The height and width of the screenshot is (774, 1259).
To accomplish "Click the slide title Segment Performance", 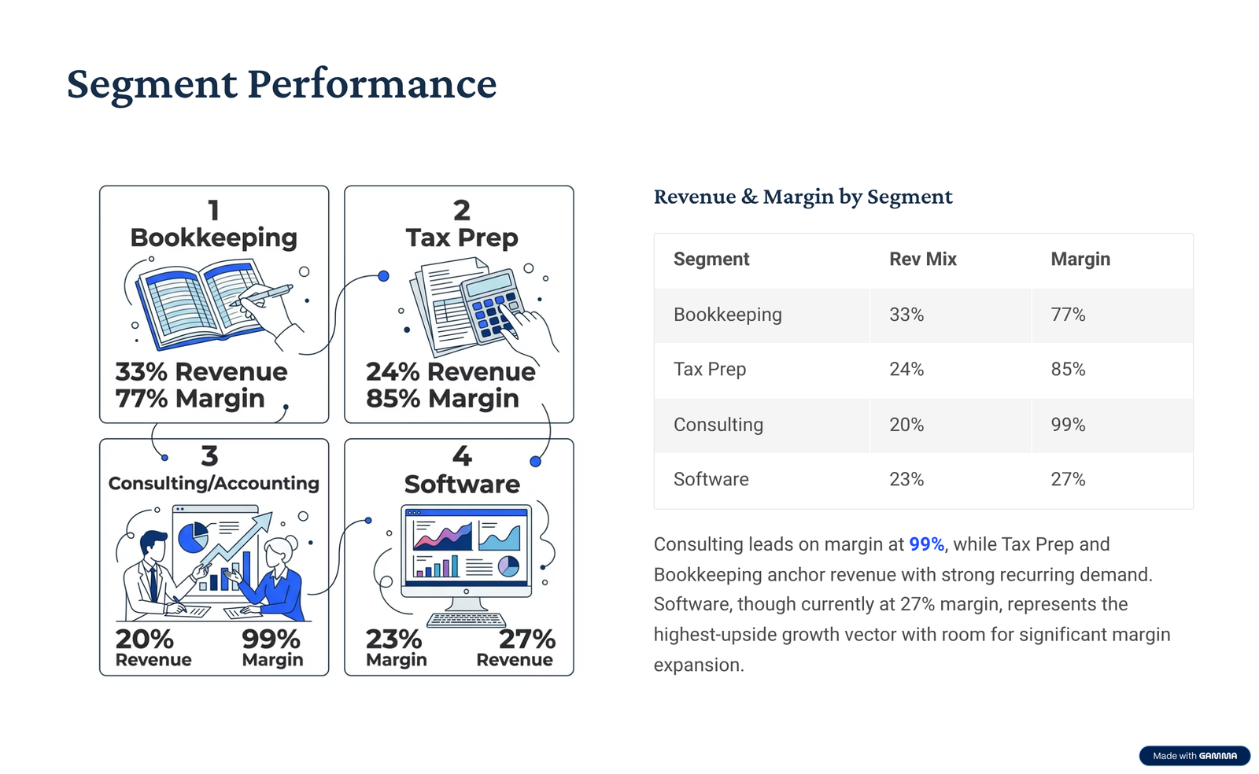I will click(281, 83).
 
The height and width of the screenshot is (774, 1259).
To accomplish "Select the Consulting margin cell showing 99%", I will click(1068, 425).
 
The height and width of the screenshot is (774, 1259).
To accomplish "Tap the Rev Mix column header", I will click(922, 260).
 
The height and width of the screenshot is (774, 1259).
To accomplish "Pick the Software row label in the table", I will click(711, 479).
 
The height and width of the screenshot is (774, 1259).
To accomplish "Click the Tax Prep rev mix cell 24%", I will click(906, 370).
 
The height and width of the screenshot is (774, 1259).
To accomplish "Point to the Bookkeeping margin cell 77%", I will click(1068, 315).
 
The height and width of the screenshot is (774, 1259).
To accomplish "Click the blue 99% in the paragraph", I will click(926, 544).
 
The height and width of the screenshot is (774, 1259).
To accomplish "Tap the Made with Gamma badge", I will click(1194, 756).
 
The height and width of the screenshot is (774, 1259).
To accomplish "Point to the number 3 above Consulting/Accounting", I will click(209, 456).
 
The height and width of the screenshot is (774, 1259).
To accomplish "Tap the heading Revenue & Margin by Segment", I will click(803, 197).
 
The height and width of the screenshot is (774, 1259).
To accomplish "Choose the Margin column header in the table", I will click(1080, 260).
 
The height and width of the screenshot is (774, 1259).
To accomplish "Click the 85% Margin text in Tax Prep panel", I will click(442, 399).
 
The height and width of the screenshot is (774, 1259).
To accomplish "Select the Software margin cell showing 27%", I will click(1068, 479).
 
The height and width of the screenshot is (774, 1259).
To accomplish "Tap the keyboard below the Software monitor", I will click(467, 620).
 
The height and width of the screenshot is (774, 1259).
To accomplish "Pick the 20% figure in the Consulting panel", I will click(145, 639).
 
